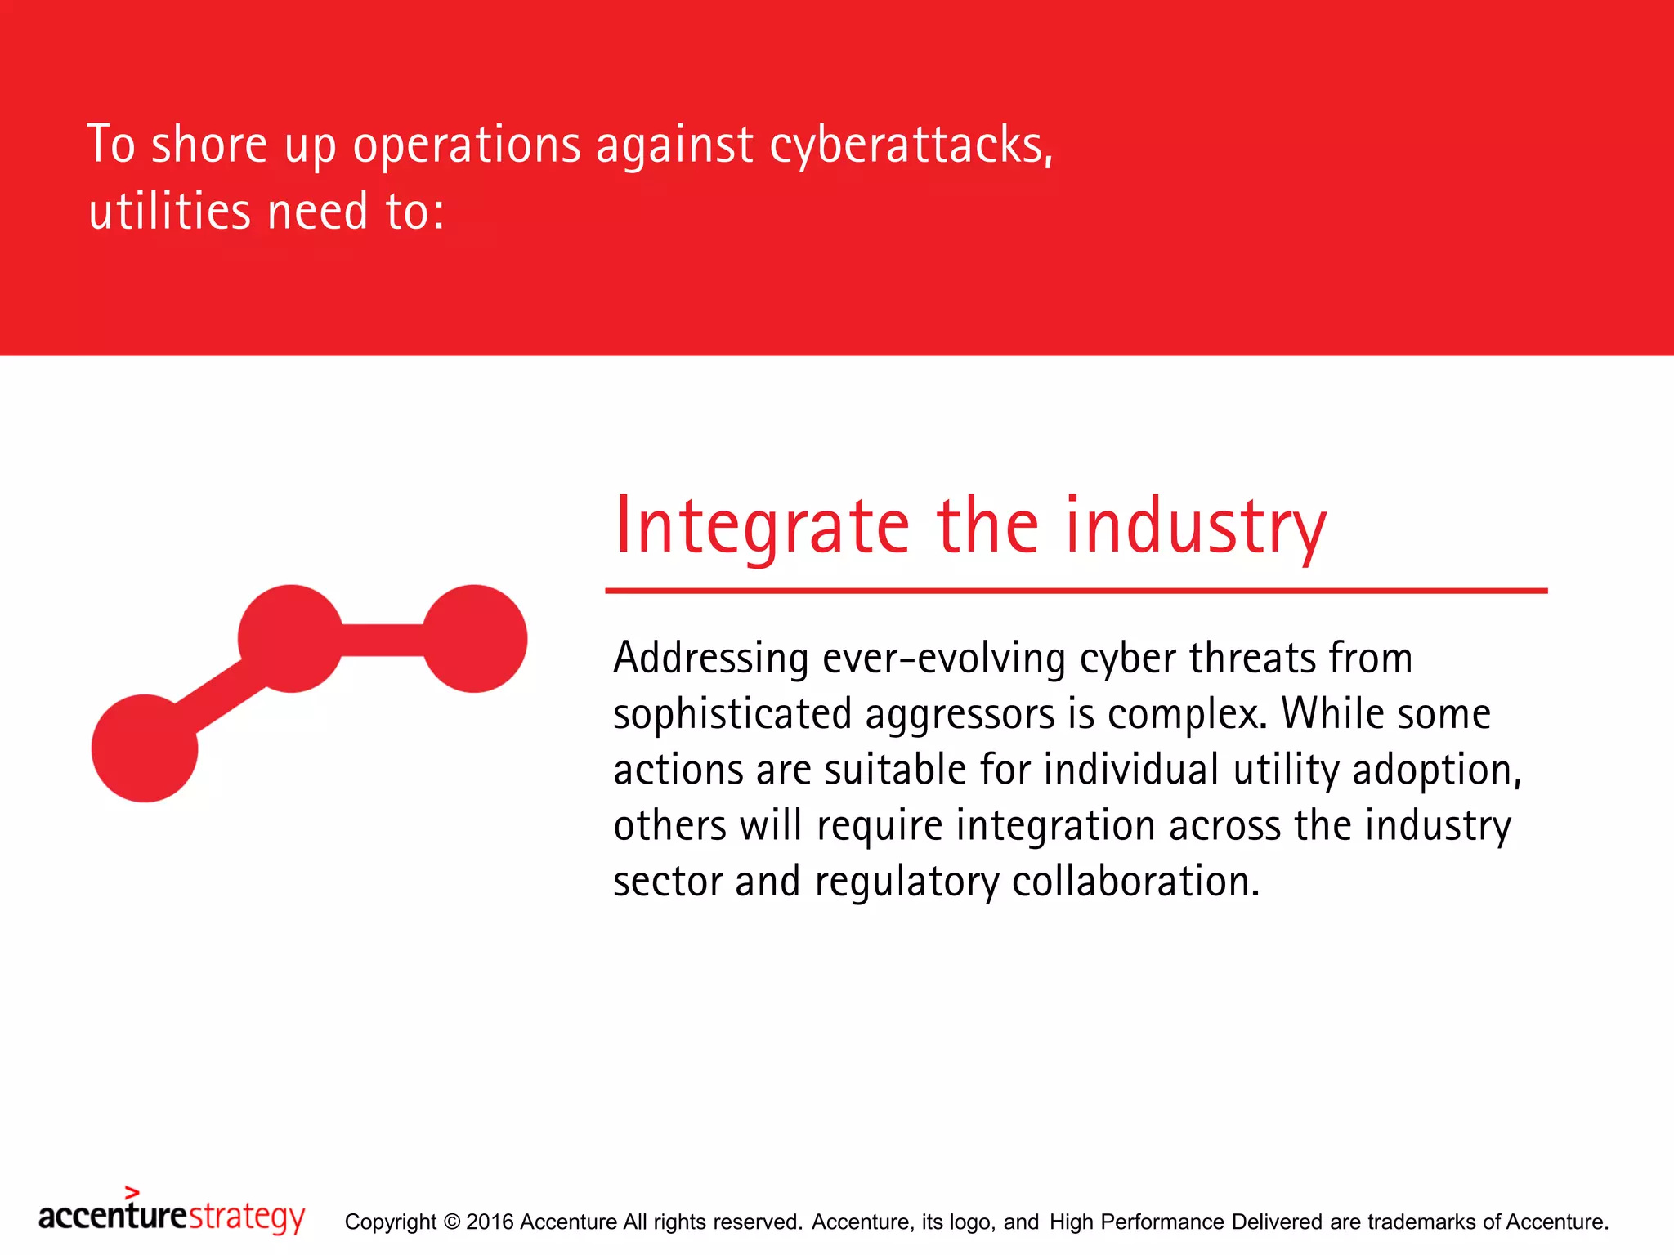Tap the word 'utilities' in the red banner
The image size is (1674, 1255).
pyautogui.click(x=169, y=212)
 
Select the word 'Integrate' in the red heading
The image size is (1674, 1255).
pyautogui.click(x=761, y=527)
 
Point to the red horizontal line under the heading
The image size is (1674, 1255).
pyautogui.click(x=1076, y=590)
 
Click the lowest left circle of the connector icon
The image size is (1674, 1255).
pyautogui.click(x=145, y=748)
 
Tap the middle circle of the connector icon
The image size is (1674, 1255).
pyautogui.click(x=290, y=638)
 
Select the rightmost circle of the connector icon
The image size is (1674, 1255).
pyautogui.click(x=474, y=638)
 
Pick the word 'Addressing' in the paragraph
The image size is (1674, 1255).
pyautogui.click(x=710, y=659)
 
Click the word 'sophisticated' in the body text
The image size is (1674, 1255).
pyautogui.click(x=732, y=714)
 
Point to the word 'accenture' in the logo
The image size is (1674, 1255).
pyautogui.click(x=113, y=1217)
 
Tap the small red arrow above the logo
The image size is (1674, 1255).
pyautogui.click(x=132, y=1192)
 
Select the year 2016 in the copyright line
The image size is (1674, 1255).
pyautogui.click(x=490, y=1222)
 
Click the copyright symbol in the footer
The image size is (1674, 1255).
pyautogui.click(x=451, y=1222)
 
